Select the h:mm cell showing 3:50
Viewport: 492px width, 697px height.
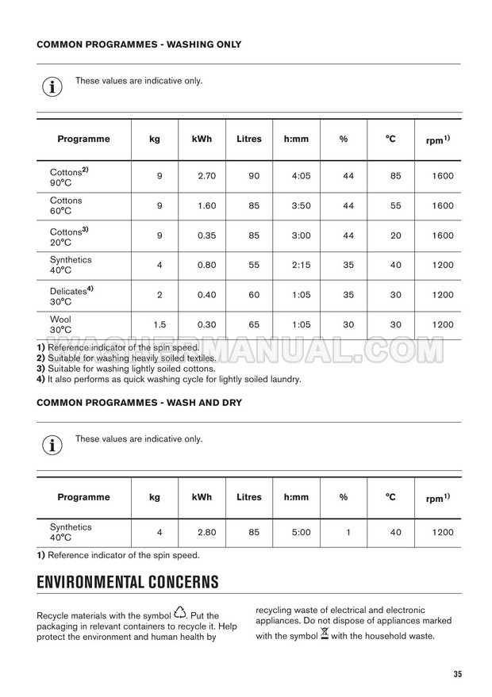click(x=301, y=206)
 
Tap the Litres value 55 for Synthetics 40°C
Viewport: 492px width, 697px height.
click(x=254, y=266)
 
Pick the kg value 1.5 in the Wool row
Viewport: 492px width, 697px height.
click(x=160, y=324)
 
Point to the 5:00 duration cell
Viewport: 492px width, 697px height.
click(x=301, y=533)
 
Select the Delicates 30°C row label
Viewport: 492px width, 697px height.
click(x=71, y=295)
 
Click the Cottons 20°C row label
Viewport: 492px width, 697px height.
click(x=68, y=236)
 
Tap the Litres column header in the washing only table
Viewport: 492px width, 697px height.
click(x=248, y=140)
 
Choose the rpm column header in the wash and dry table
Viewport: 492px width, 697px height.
click(x=438, y=498)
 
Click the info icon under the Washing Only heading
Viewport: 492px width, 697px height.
click(x=52, y=86)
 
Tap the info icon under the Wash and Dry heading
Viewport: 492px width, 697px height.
click(x=52, y=445)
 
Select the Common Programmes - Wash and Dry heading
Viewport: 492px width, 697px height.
click(x=139, y=403)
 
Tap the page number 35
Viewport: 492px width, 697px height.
click(x=458, y=674)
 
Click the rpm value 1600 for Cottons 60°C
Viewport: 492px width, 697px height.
click(x=444, y=206)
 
